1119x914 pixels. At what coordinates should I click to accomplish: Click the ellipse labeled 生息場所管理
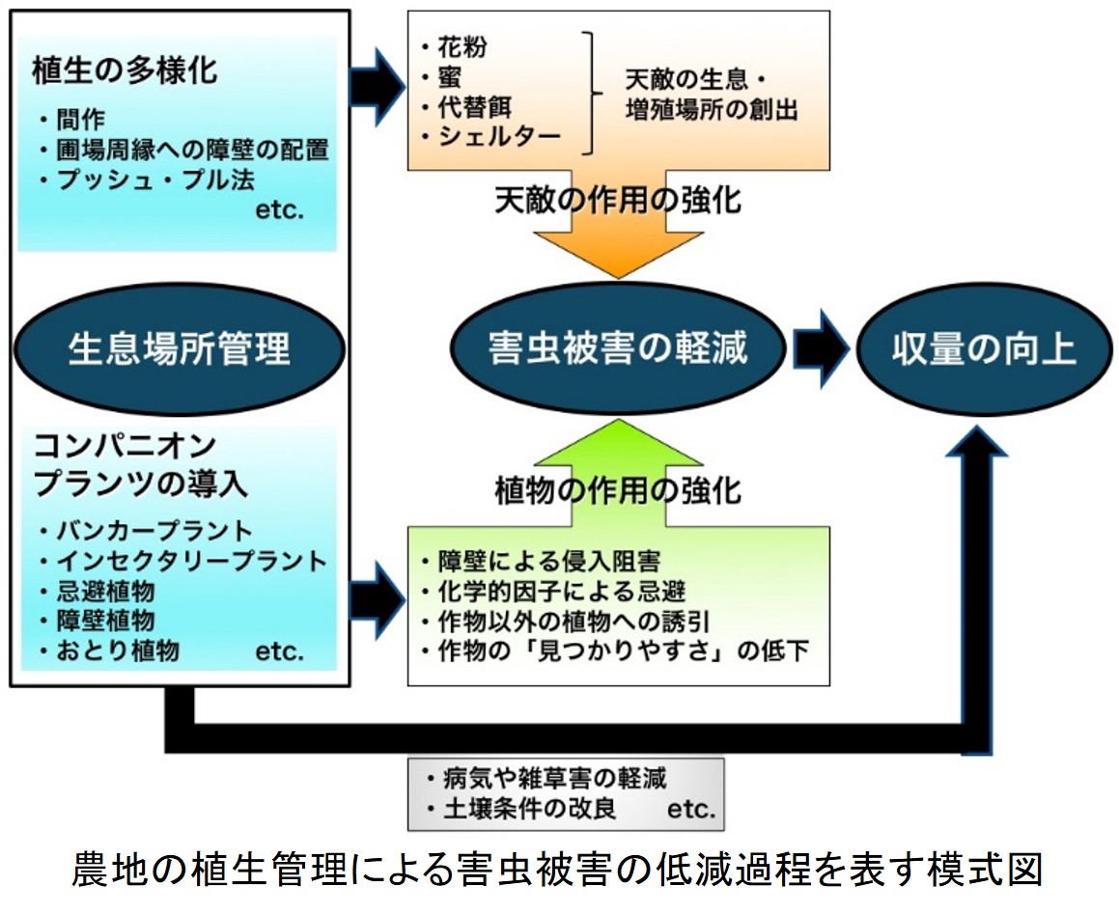click(180, 349)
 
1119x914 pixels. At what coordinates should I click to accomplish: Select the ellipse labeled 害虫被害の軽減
click(618, 349)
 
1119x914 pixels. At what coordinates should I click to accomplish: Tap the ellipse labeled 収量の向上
click(984, 349)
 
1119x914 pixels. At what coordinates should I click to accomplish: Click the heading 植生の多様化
click(125, 70)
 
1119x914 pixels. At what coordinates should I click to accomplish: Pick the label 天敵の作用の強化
click(618, 201)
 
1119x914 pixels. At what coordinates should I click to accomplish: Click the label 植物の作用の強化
click(618, 491)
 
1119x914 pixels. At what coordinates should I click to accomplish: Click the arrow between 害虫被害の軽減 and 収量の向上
click(821, 349)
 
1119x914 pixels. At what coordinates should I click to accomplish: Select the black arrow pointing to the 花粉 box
click(377, 87)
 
